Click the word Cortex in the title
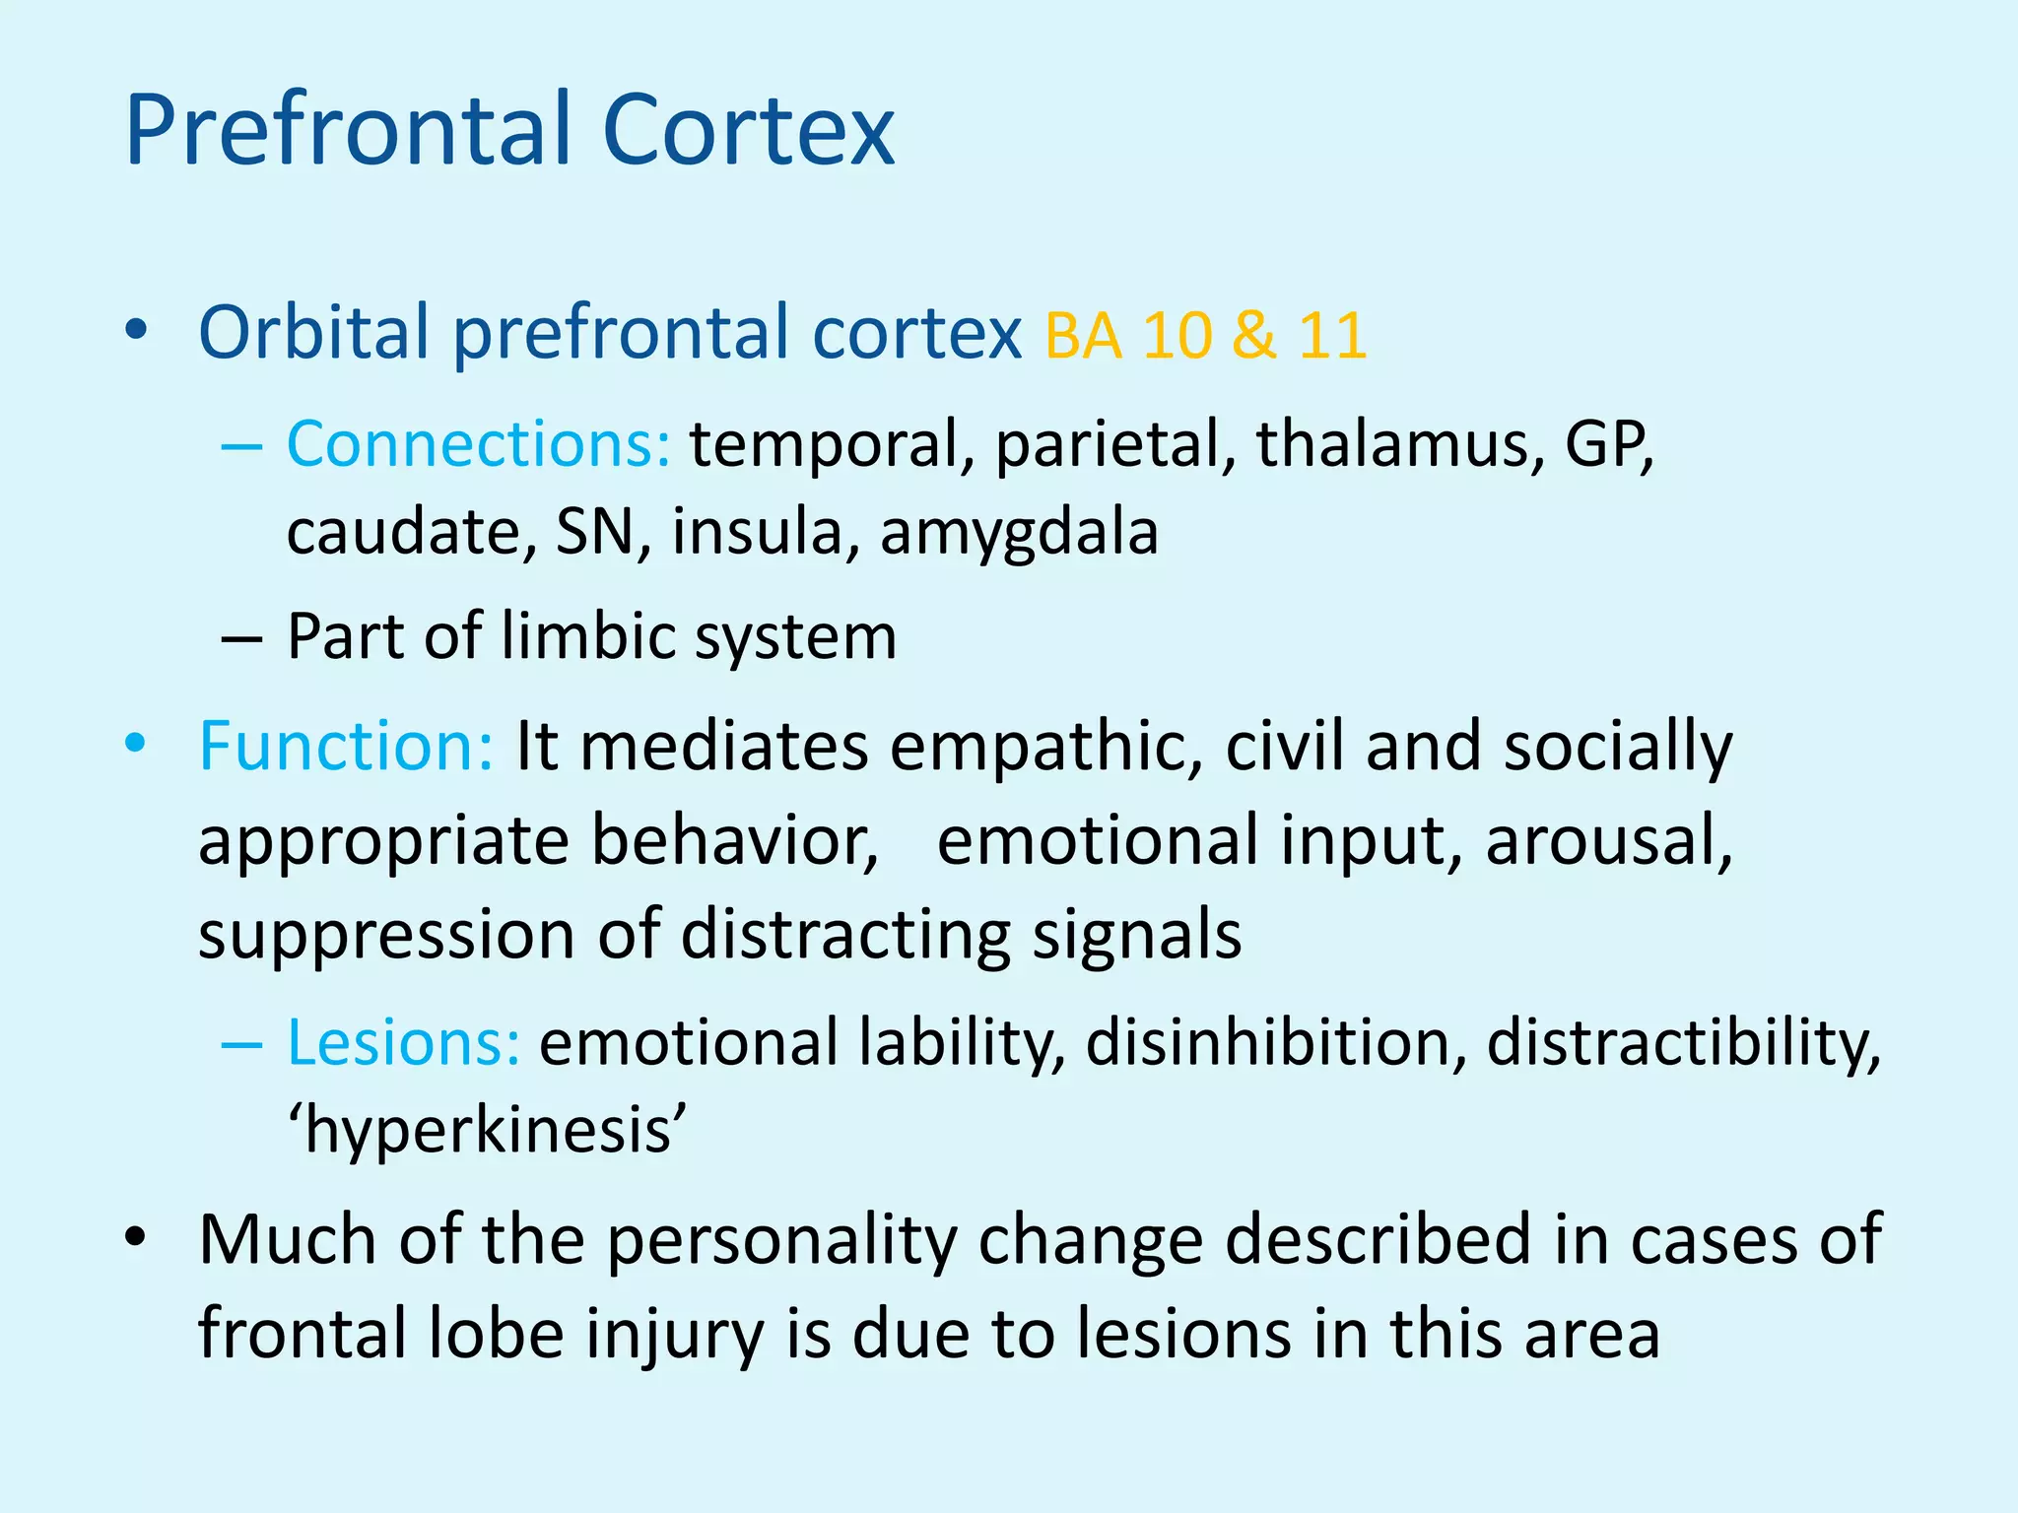tap(748, 130)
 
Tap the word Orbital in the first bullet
tap(314, 332)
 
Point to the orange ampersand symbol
tap(1253, 335)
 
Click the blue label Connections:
tap(479, 444)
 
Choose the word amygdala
tap(1019, 533)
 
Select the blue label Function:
tap(346, 746)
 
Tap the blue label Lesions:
tap(403, 1042)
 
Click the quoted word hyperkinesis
tap(487, 1131)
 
